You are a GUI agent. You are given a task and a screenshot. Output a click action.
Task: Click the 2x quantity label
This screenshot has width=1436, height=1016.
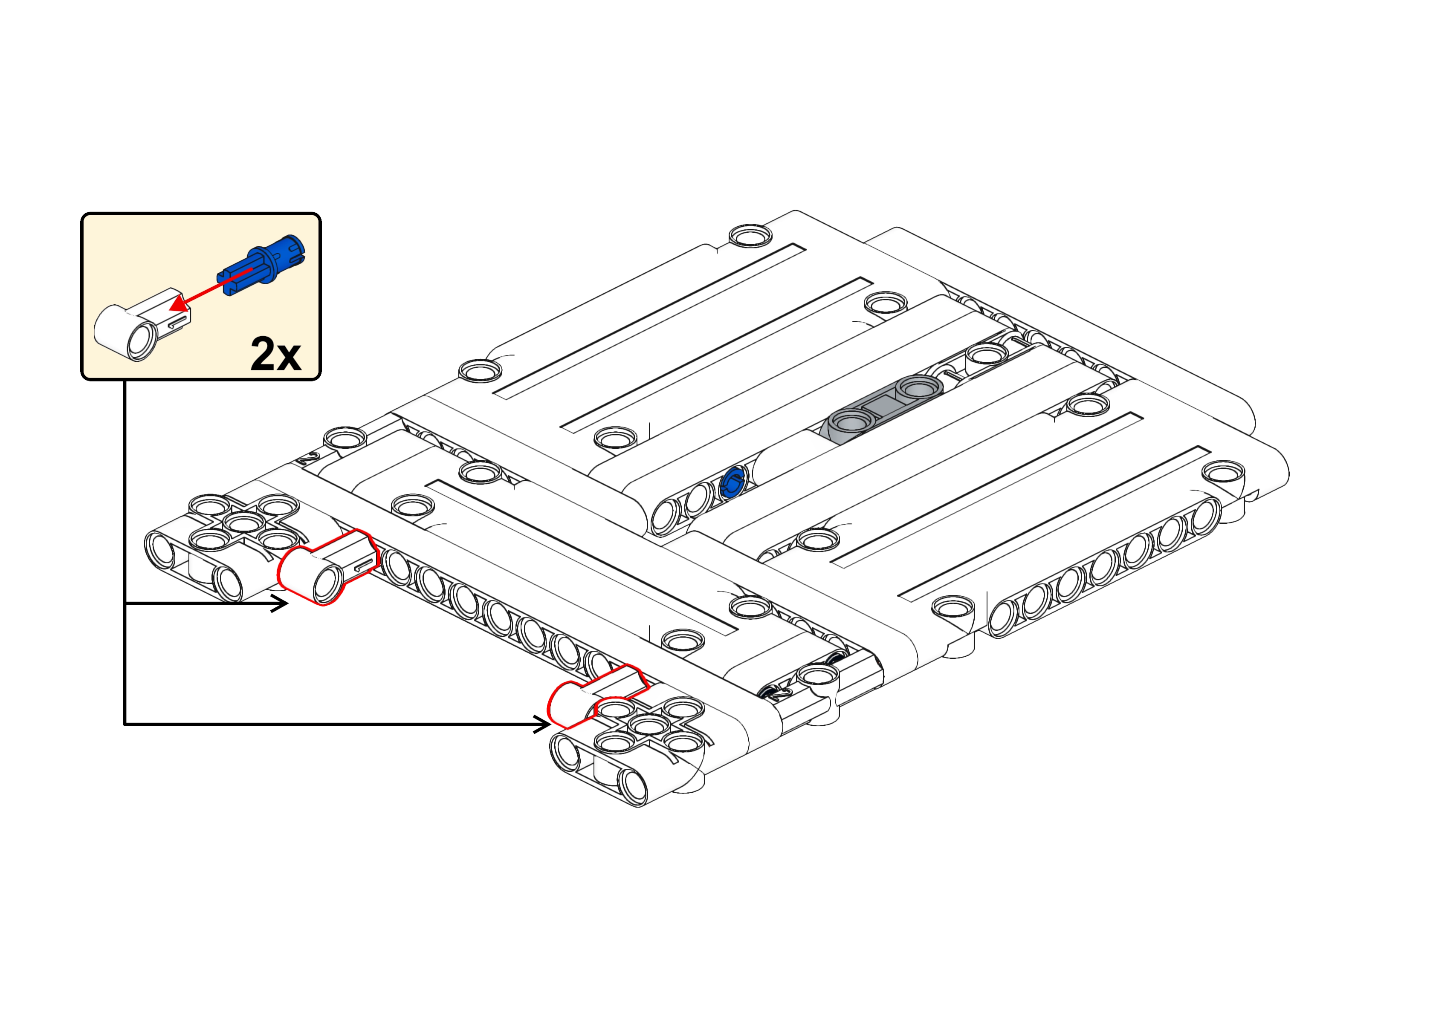tap(275, 354)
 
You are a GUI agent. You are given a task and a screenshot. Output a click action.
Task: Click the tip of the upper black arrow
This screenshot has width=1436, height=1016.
tap(288, 604)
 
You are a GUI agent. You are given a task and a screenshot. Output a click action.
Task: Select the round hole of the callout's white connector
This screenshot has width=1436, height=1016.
tap(140, 341)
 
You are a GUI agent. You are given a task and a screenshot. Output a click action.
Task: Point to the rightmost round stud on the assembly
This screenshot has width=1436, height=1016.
tap(1223, 471)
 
